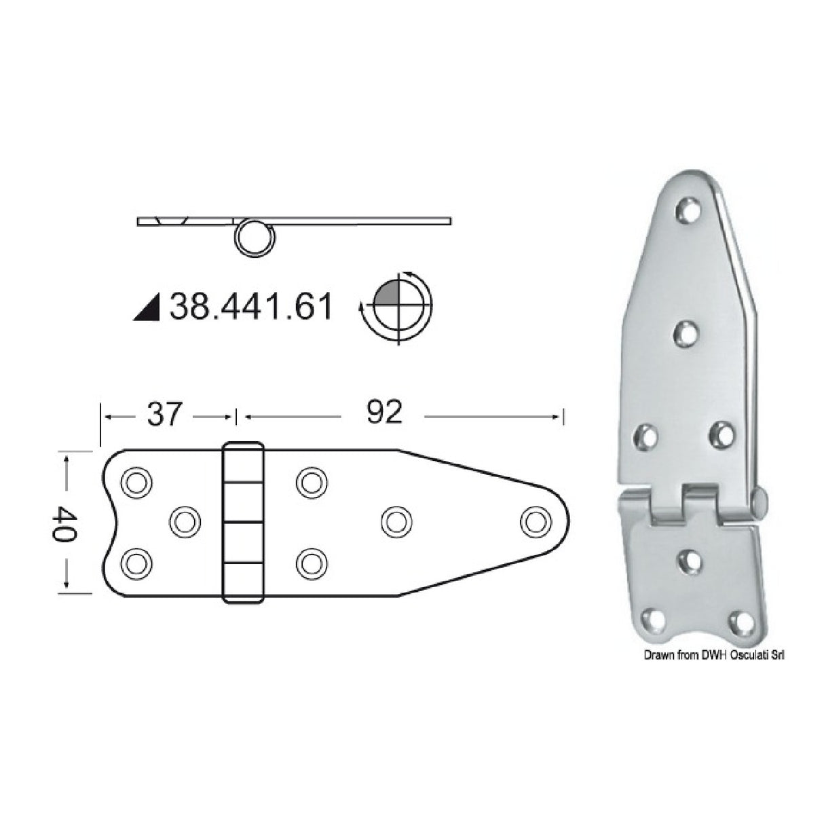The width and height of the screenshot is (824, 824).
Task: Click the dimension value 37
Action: tap(165, 413)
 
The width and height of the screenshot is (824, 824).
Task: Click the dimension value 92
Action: tap(384, 413)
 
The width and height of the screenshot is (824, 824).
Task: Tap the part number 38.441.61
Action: tap(251, 307)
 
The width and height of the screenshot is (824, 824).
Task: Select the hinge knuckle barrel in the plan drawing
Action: tap(243, 523)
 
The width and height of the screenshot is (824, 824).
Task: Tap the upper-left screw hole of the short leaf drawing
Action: tap(135, 481)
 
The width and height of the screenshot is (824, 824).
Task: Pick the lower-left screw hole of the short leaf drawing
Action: tap(135, 563)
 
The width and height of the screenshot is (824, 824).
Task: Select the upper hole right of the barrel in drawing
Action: tap(310, 481)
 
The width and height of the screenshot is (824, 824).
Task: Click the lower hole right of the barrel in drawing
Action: tap(310, 562)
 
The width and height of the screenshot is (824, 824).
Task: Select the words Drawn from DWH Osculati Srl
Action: tap(717, 654)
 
